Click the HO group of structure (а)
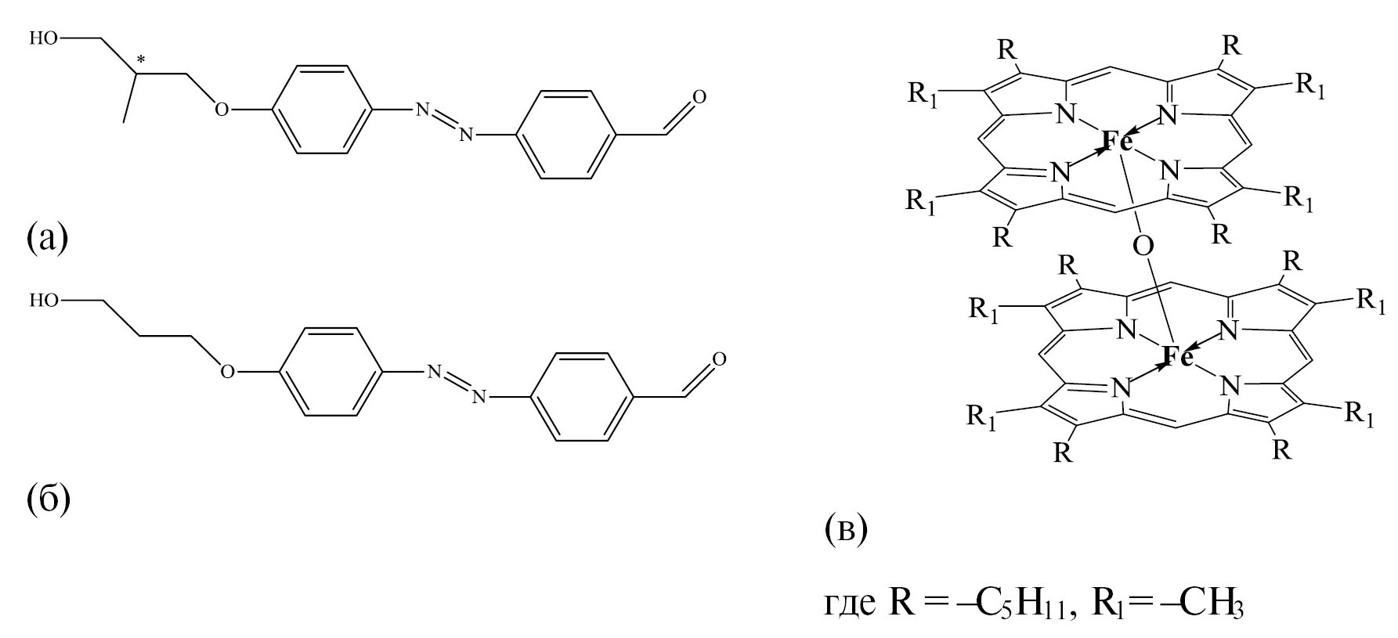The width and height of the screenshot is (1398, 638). (45, 38)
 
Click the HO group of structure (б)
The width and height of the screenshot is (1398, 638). (45, 301)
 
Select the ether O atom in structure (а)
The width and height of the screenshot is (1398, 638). (222, 109)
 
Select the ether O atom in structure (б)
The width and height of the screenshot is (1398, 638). (226, 371)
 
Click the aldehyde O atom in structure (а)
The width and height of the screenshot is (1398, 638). (699, 96)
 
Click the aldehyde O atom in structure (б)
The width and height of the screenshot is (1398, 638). (718, 359)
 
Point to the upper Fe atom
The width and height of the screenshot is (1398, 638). (1117, 141)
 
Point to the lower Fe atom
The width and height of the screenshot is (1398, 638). (1177, 357)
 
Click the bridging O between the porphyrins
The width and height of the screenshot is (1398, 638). (1143, 247)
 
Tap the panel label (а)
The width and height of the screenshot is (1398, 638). (48, 236)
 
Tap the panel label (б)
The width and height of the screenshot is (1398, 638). (49, 498)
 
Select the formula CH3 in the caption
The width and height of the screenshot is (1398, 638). (1213, 607)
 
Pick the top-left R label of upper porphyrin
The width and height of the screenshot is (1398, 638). (1007, 51)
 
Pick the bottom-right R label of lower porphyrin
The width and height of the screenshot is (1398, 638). (1281, 449)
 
